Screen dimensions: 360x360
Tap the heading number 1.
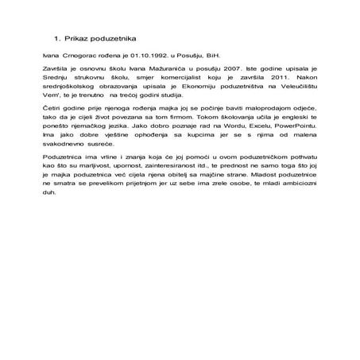(x=56, y=38)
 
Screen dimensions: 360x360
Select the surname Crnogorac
(x=78, y=58)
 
